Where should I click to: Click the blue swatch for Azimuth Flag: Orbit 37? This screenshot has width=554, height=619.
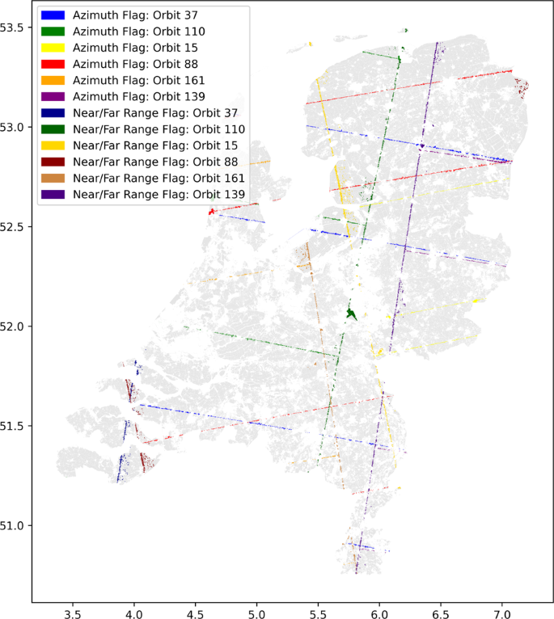(x=53, y=15)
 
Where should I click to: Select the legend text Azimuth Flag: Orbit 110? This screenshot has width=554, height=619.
(x=138, y=31)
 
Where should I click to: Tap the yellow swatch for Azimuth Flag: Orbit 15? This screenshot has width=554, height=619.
(x=53, y=48)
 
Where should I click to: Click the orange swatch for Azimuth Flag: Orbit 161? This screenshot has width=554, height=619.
(x=53, y=80)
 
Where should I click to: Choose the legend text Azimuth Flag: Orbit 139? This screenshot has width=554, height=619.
(x=138, y=96)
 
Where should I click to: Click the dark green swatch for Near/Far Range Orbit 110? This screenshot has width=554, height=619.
(x=53, y=128)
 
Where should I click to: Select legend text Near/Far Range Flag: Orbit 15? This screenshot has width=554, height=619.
(x=155, y=145)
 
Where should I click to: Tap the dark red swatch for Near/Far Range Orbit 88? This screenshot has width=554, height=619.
(x=53, y=162)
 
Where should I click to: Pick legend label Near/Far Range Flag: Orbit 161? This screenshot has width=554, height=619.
(x=159, y=178)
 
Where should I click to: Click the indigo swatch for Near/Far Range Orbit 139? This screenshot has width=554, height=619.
(x=53, y=194)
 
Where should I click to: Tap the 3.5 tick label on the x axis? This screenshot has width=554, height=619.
(x=73, y=612)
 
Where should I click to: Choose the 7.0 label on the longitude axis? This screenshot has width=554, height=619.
(x=502, y=612)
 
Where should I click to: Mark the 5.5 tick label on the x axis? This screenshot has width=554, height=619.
(x=318, y=612)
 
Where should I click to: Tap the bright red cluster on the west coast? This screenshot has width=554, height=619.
(x=212, y=212)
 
